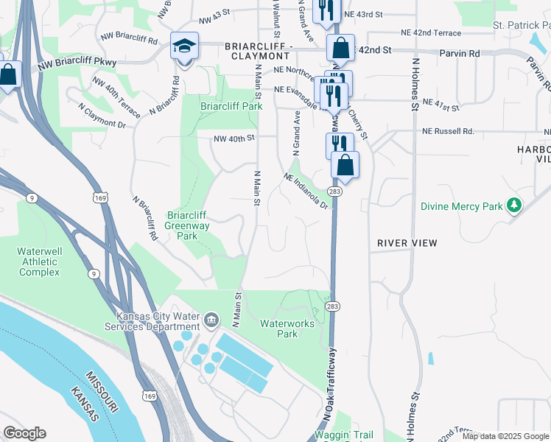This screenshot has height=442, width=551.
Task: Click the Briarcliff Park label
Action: tap(231, 106)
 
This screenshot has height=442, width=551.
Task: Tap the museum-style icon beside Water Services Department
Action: tap(211, 320)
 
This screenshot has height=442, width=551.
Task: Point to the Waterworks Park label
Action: tap(287, 329)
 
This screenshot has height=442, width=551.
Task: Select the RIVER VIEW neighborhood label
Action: tap(407, 243)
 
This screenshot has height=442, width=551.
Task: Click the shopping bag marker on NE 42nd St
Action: tap(341, 49)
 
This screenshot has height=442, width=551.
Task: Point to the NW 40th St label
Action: tap(234, 138)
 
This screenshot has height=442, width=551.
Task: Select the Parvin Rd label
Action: tap(459, 54)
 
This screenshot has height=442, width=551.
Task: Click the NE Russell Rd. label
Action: tap(448, 132)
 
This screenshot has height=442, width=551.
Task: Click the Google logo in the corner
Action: tap(24, 433)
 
